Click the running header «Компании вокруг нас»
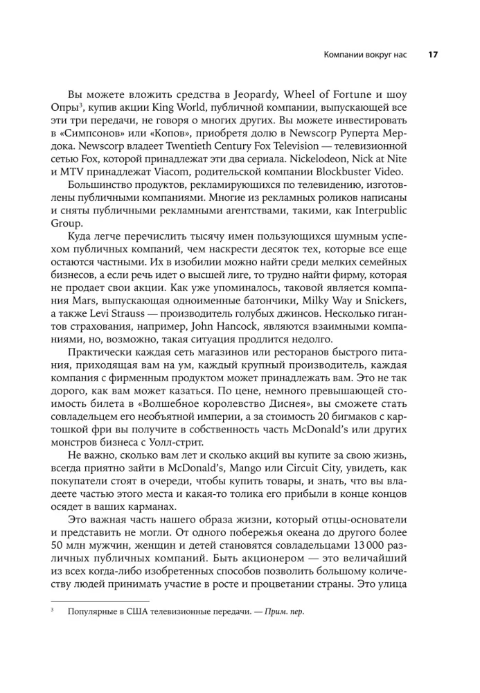359,55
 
